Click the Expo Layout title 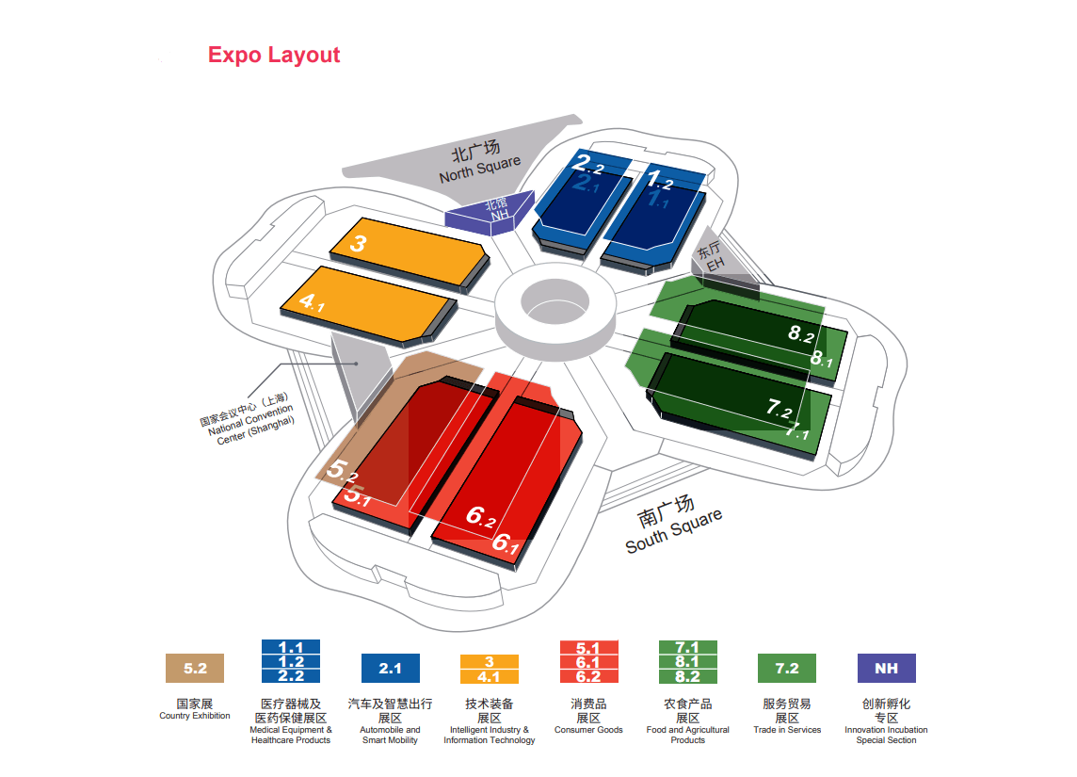[274, 55]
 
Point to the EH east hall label [711, 257]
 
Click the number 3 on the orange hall [358, 244]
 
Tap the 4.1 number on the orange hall [312, 302]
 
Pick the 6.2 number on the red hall [481, 517]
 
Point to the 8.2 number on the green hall [801, 333]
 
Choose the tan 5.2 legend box [195, 669]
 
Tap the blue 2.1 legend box [390, 669]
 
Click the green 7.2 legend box [786, 669]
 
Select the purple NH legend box [885, 669]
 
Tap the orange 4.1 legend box [489, 676]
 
